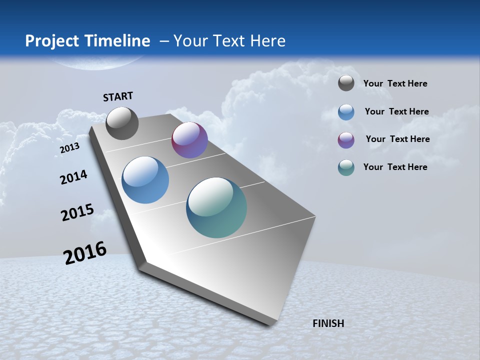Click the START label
point(118,96)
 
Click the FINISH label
point(328,323)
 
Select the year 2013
point(70,148)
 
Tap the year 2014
point(73,177)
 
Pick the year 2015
point(77,212)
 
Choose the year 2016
point(85,253)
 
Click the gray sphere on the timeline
point(122,123)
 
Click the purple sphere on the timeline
point(189,140)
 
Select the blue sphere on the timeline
point(145,180)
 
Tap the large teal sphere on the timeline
point(216,207)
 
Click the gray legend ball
point(346,83)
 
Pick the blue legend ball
point(346,112)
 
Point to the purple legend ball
point(346,140)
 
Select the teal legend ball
point(346,167)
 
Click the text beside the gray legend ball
point(395,83)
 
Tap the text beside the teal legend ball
point(395,167)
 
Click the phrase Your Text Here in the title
point(229,41)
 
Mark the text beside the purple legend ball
point(397,139)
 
